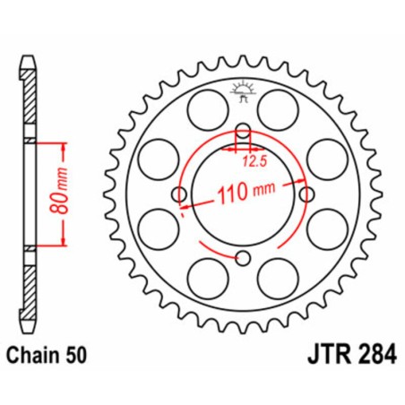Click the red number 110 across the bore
tap(234, 191)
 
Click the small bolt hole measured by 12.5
tap(242, 130)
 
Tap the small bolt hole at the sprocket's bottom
tap(242, 260)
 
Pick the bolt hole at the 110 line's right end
tap(307, 194)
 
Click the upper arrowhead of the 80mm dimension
tap(64, 145)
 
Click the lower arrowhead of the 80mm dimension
tap(64, 242)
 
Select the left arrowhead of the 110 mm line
tap(185, 202)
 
